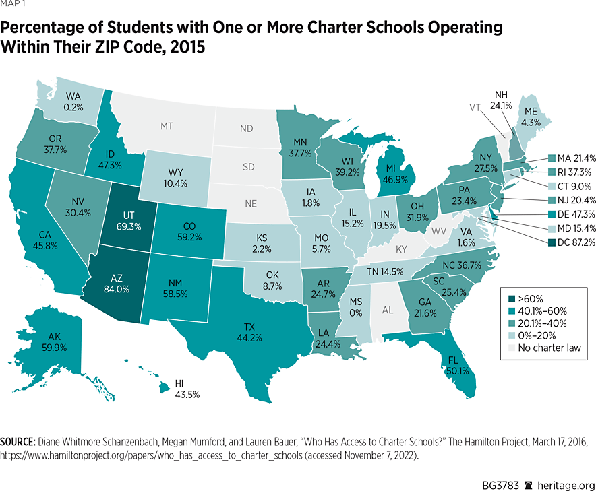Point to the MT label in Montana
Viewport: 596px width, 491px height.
coord(167,126)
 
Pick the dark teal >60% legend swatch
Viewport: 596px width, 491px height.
coord(512,299)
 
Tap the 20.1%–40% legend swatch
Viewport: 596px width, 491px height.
coord(512,323)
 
